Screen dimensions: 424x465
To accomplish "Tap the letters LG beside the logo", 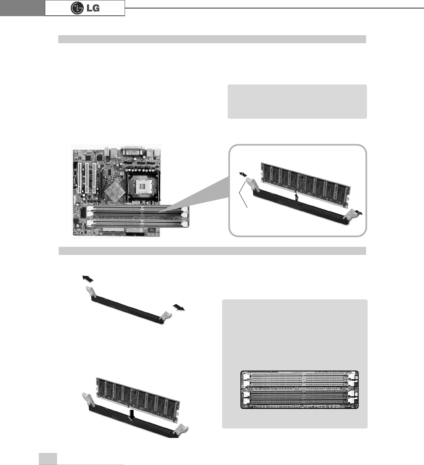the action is pos(92,8).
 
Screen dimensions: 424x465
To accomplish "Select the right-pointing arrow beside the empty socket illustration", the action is pos(178,307).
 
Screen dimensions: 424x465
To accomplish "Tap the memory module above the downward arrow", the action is pos(138,396).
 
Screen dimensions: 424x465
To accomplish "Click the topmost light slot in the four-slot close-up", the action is pos(299,375).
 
